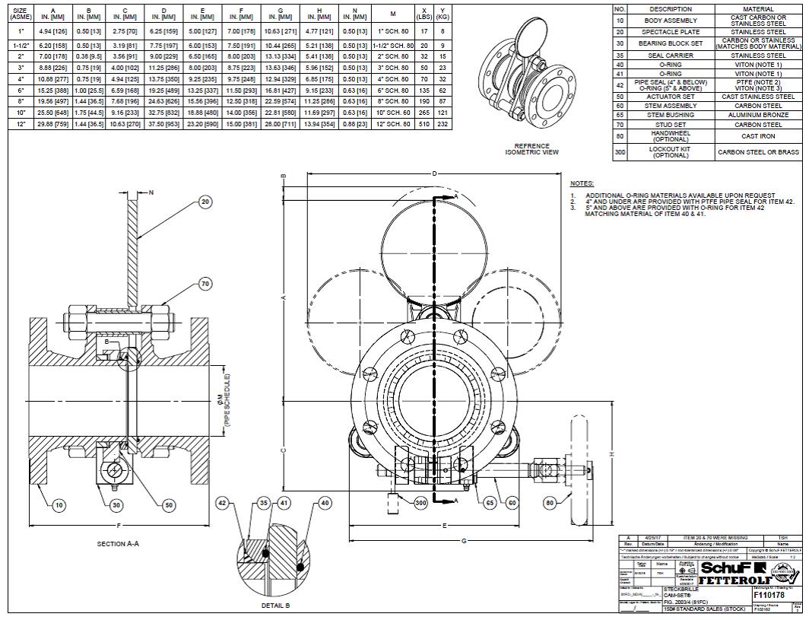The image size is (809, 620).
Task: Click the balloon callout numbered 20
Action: point(205,202)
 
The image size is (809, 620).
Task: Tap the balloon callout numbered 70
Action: point(205,284)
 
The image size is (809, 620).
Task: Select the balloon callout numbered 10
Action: point(59,504)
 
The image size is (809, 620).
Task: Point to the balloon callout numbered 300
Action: point(420,503)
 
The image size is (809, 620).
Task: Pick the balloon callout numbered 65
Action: point(491,503)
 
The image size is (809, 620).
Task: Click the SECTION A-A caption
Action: point(118,543)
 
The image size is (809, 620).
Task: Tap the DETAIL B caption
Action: point(276,606)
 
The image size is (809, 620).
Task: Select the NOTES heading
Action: point(582,184)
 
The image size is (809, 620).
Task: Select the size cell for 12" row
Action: point(21,124)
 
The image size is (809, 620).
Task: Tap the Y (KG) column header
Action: point(443,13)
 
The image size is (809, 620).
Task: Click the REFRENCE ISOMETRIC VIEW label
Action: point(532,149)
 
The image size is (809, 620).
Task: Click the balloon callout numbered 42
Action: point(222,503)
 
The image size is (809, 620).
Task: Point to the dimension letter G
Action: point(464,540)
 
